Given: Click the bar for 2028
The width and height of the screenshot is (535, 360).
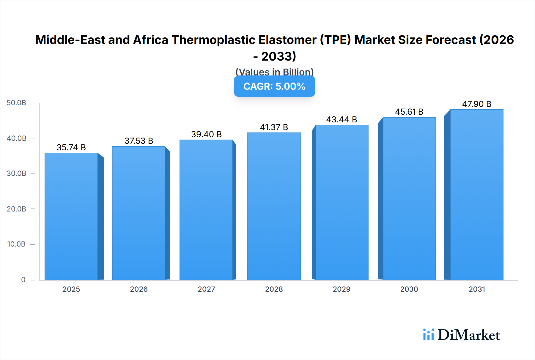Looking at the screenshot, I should pos(274,206).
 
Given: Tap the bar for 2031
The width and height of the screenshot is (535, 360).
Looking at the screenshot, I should pos(476,195).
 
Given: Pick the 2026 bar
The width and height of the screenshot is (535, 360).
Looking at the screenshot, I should pos(139,213).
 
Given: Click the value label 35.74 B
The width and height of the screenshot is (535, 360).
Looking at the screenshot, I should pos(71,147).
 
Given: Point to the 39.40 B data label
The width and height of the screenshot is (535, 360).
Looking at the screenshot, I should pos(206,134).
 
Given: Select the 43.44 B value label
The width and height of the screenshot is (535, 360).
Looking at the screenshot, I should pos(342,119).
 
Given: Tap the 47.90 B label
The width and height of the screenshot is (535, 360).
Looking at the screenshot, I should pos(476,104).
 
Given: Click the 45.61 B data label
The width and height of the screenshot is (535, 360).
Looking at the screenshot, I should pos(409,112).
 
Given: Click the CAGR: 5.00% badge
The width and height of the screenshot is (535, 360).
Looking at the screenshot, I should pos(274,86).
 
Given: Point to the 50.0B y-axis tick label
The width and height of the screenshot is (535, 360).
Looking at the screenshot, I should pos(16,103).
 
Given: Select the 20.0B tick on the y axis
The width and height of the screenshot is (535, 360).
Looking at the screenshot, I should pos(16,209).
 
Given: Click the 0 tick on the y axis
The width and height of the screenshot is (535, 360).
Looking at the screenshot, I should pos(23,280).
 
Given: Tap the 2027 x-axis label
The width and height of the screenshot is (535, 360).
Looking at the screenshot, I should pos(206,289).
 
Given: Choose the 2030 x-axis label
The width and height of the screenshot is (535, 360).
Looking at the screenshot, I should pos(409,289).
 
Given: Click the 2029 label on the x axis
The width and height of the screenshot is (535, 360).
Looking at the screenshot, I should pos(342,289).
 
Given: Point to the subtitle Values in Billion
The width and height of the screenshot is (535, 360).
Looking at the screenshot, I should pos(274,72).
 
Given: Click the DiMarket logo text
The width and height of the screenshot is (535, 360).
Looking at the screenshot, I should pos(469,335).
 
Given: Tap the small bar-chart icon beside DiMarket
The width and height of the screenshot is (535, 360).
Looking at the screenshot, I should pos(428,334).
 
